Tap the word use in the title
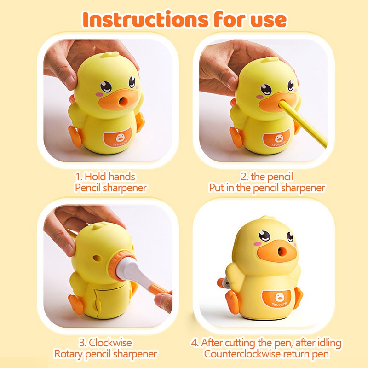269,20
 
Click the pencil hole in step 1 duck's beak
121,101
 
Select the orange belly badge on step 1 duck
118,138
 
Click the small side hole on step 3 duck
97,258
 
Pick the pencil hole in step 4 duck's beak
281,252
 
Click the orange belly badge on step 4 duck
279,299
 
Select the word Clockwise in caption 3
110,343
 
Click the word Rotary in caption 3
68,354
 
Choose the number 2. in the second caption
245,177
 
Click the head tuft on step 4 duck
266,218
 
